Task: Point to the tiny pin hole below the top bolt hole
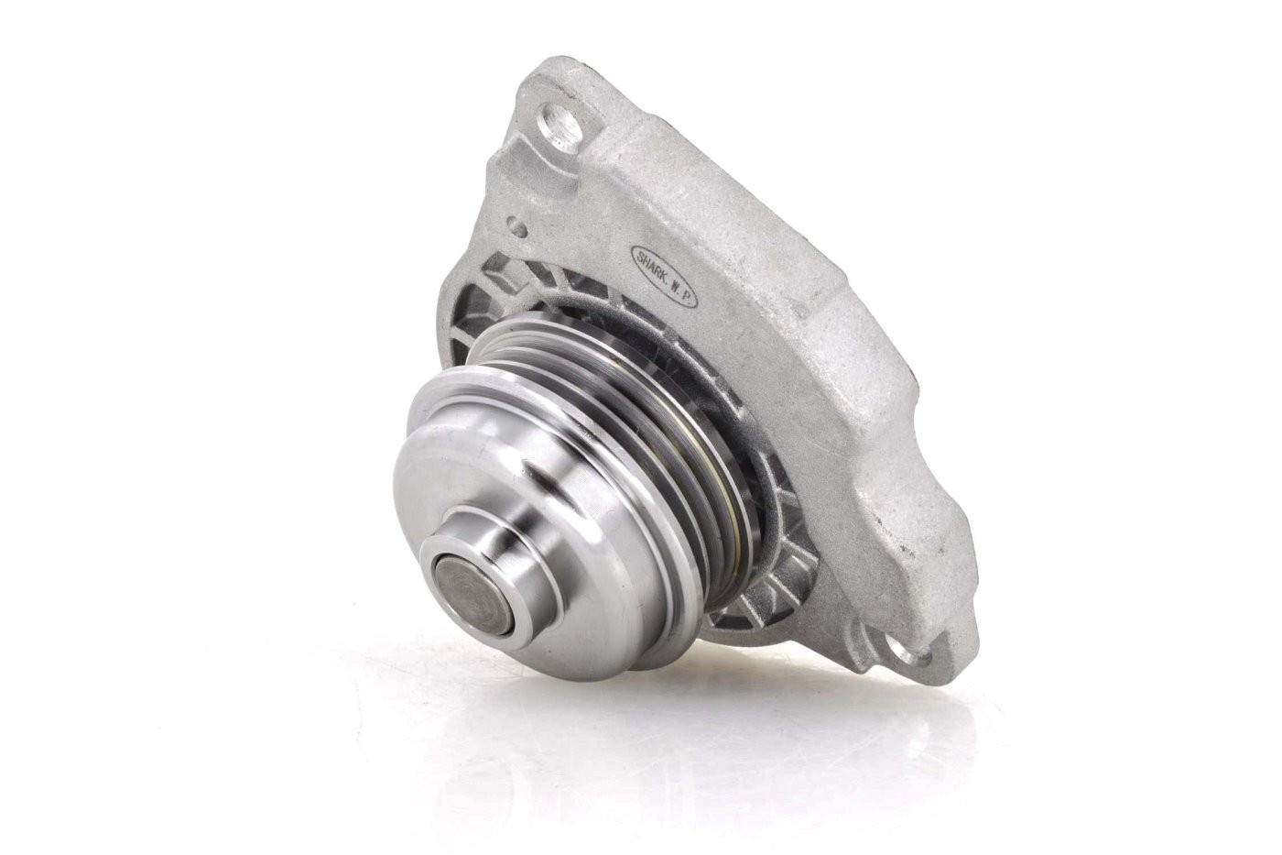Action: tap(518, 226)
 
